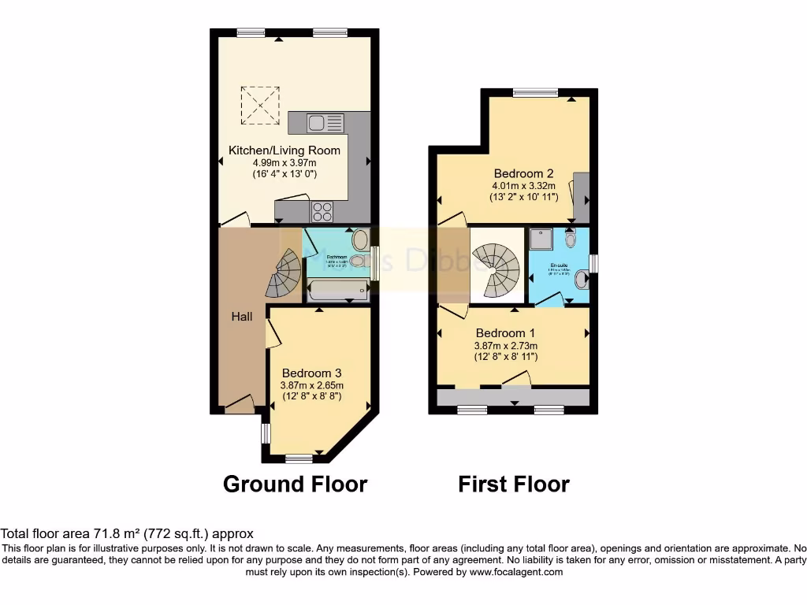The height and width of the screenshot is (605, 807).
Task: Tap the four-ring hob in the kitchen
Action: pyautogui.click(x=322, y=211)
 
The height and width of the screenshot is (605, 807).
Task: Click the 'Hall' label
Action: pyautogui.click(x=242, y=317)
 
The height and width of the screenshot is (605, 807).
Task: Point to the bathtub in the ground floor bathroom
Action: pyautogui.click(x=337, y=293)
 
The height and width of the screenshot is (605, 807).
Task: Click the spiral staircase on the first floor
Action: pyautogui.click(x=496, y=266)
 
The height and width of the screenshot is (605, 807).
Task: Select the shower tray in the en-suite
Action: pyautogui.click(x=541, y=238)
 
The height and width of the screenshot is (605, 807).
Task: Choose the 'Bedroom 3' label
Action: pyautogui.click(x=312, y=373)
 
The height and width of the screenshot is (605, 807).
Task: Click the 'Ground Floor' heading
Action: pyautogui.click(x=296, y=483)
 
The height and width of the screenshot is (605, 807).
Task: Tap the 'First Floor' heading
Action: pyautogui.click(x=514, y=483)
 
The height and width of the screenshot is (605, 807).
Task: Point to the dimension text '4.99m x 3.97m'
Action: pyautogui.click(x=284, y=162)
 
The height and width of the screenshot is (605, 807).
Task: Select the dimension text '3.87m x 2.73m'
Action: pyautogui.click(x=506, y=345)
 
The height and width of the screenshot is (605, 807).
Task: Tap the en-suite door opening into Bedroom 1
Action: pyautogui.click(x=549, y=300)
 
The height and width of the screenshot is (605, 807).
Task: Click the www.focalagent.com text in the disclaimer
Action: pyautogui.click(x=515, y=572)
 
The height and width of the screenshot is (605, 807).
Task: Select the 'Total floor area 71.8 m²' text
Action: pyautogui.click(x=79, y=533)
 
